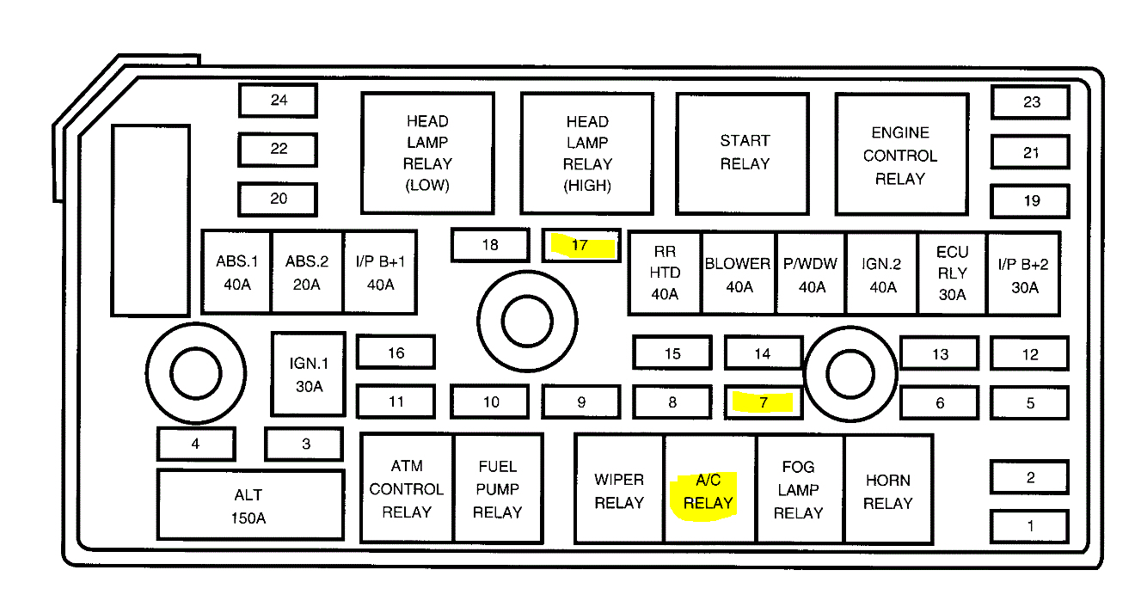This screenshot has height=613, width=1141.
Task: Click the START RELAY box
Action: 743,153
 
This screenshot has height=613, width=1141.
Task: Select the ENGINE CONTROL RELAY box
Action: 900,155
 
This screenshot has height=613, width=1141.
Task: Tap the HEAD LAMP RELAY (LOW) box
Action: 427,153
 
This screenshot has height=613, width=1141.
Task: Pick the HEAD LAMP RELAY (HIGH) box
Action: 586,153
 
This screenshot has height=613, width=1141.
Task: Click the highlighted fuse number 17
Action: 581,246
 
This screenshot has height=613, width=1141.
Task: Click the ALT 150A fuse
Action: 249,506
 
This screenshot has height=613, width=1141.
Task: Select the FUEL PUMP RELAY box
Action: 498,489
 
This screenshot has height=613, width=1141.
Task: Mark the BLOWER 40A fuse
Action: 738,273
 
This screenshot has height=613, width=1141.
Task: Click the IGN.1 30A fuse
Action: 309,375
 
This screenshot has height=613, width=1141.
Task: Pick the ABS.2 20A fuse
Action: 307,272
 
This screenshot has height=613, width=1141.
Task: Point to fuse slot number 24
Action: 278,101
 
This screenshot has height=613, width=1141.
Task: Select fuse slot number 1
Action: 1029,526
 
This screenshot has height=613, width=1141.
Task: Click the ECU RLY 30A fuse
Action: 952,273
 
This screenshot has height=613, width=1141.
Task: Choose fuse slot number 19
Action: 1030,202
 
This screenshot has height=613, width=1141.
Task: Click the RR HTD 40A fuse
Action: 665,273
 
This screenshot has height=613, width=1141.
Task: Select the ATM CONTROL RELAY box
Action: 407,489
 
